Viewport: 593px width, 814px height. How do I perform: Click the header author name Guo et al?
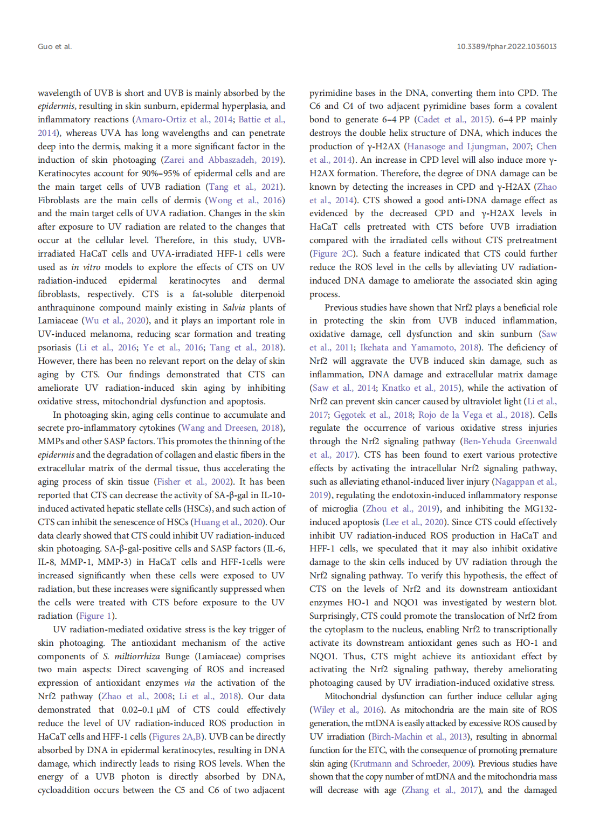tap(54, 46)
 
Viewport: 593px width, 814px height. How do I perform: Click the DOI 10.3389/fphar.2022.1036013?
tap(506, 46)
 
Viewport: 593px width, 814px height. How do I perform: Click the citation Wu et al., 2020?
tap(116, 321)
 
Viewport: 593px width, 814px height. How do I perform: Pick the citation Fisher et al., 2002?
tap(194, 481)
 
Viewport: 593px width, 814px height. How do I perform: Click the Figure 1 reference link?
tap(95, 616)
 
